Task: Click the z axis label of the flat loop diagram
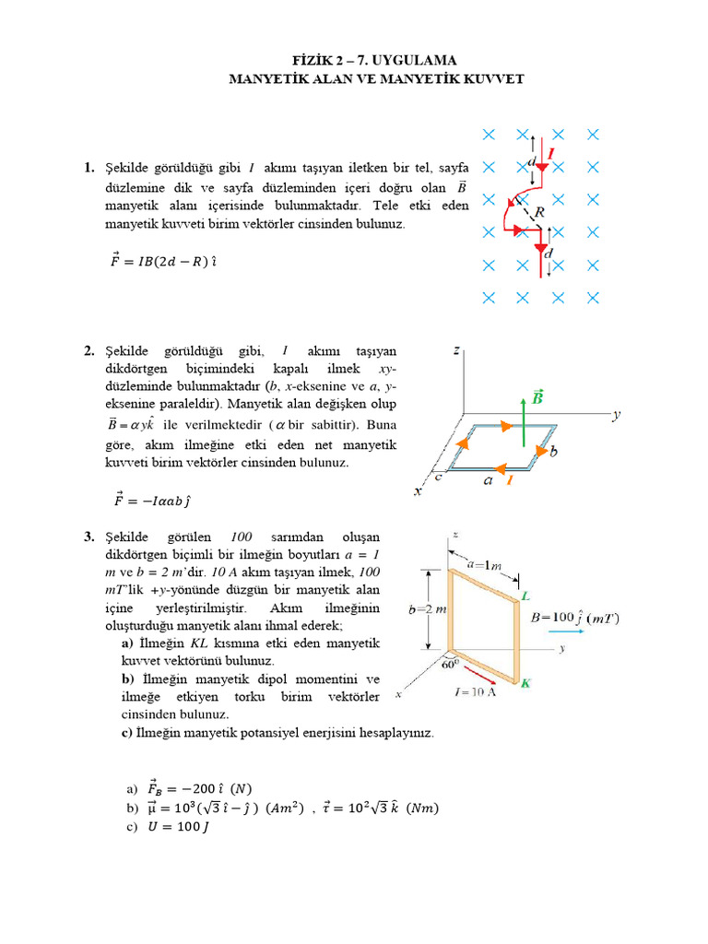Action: click(x=456, y=350)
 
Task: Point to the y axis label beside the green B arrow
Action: click(x=616, y=416)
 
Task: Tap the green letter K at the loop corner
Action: click(x=525, y=683)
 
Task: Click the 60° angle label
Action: click(x=450, y=663)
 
